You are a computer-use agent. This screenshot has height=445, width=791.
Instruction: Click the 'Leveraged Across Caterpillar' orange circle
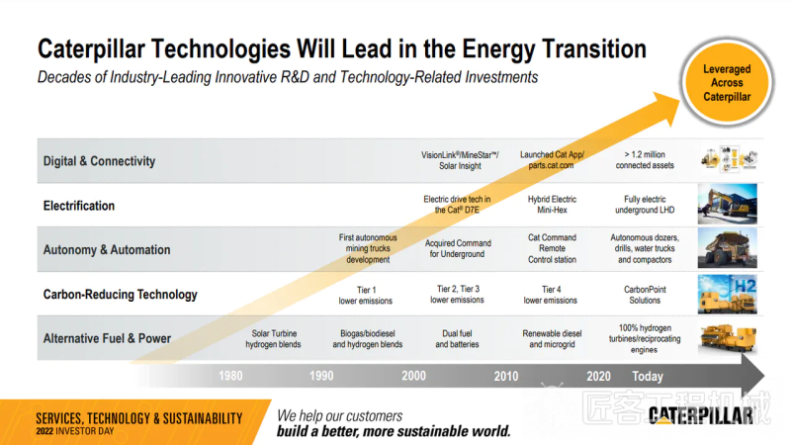point(728,84)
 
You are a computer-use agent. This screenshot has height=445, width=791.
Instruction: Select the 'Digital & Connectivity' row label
point(99,161)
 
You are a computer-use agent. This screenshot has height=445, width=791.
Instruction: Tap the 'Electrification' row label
point(79,206)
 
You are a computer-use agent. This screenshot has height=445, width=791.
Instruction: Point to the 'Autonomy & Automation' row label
point(107,250)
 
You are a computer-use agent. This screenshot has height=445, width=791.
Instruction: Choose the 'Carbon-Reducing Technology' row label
point(120,294)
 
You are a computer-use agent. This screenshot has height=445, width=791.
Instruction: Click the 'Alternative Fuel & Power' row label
point(107,338)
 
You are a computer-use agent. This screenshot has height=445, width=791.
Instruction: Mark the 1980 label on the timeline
point(230,376)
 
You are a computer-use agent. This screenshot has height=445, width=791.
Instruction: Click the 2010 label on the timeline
point(505,376)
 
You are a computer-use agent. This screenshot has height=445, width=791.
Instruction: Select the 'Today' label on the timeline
point(648,376)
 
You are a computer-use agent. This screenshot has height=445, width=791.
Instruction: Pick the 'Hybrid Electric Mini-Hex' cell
point(549,205)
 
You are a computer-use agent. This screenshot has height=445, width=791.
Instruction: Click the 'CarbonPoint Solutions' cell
point(644,294)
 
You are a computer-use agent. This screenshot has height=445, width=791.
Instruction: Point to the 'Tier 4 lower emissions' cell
point(550,294)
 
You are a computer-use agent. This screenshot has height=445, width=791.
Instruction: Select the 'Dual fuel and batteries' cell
point(457,339)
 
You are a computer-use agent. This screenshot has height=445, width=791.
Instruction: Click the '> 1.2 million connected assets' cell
point(645,160)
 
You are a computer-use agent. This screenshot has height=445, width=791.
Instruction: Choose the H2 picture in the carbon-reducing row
point(728,294)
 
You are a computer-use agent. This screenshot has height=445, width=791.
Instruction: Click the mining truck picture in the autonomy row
point(728,249)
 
